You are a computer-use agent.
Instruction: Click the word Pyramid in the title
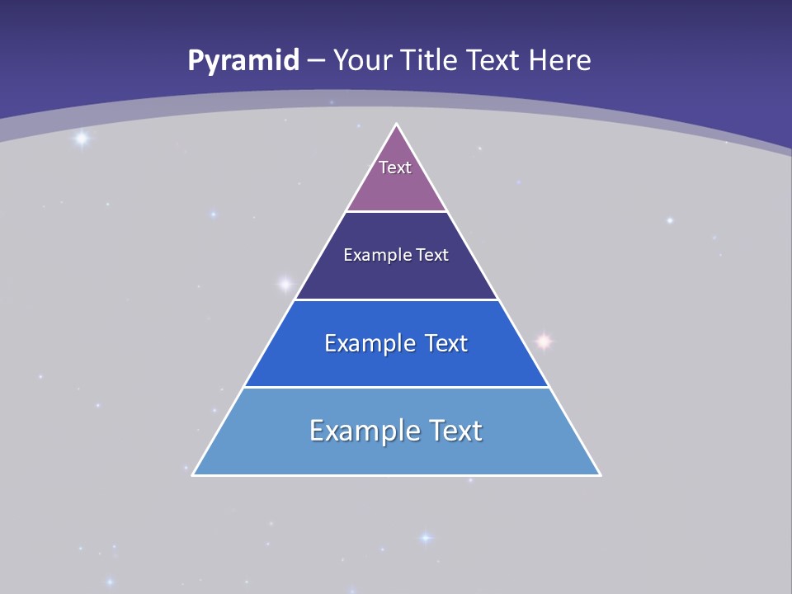point(243,61)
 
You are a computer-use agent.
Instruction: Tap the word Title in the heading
point(429,60)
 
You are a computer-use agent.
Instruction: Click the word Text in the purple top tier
point(395,167)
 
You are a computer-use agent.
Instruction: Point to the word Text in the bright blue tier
point(446,343)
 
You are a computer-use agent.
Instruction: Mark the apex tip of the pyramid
point(396,125)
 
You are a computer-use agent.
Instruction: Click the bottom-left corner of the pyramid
point(193,474)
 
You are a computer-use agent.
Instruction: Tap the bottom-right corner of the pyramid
point(600,474)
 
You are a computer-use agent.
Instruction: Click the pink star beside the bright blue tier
point(543,340)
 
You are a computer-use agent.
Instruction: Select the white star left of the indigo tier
point(285,285)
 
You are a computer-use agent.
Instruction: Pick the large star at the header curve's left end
point(81,139)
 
